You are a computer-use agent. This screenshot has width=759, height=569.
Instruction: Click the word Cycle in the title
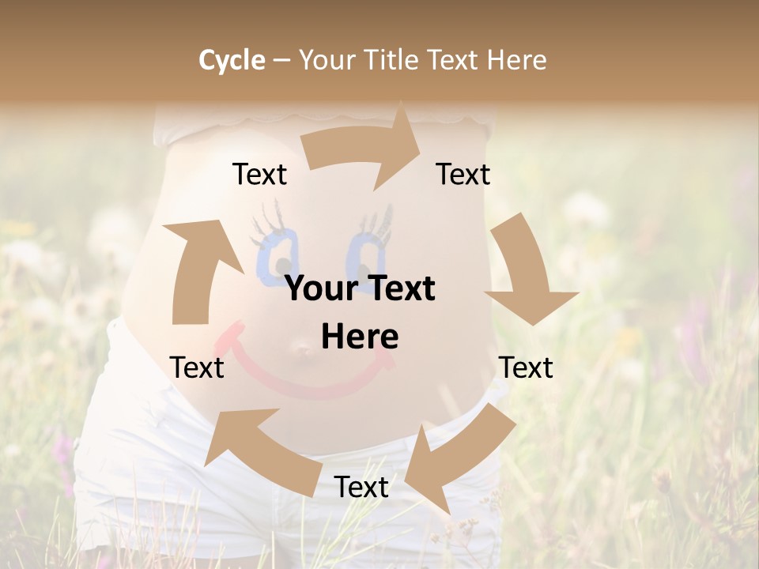pos(232,60)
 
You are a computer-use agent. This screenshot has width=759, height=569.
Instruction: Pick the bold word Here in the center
pos(360,337)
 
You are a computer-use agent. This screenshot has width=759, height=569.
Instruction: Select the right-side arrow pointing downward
pos(525,269)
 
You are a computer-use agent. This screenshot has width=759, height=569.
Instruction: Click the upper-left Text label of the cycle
pos(259,175)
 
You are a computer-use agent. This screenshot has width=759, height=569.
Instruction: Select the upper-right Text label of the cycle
pos(463,175)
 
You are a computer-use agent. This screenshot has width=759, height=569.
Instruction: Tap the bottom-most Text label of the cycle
pos(361,488)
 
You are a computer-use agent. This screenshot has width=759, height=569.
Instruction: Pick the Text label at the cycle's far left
pos(197,367)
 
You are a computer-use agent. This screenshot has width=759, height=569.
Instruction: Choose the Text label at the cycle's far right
pos(526,367)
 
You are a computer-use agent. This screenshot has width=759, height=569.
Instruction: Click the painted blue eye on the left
pos(276,251)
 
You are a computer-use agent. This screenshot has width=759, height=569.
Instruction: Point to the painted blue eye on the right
pos(366,251)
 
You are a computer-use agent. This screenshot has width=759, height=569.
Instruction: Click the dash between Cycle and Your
pos(281,61)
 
